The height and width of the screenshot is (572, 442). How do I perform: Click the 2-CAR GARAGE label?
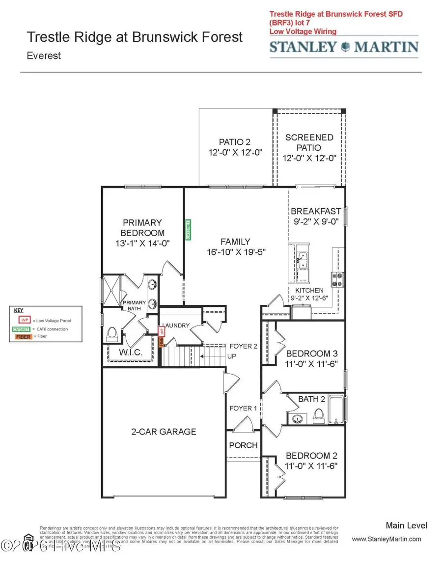[164, 432]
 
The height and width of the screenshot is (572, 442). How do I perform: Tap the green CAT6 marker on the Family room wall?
[188, 229]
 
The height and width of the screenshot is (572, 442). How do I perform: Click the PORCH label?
[243, 445]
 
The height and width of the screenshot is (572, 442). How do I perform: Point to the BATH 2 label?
[311, 399]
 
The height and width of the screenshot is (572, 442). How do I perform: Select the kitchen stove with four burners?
[338, 279]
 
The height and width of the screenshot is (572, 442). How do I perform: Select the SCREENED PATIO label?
[309, 142]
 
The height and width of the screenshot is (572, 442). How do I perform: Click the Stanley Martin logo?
[344, 47]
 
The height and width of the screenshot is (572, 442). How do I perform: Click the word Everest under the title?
[44, 55]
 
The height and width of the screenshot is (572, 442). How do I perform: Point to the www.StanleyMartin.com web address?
[387, 539]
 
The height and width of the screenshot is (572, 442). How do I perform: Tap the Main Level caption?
[406, 526]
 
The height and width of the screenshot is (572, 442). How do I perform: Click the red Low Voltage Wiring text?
[303, 31]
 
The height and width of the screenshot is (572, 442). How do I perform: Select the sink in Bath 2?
[297, 419]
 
